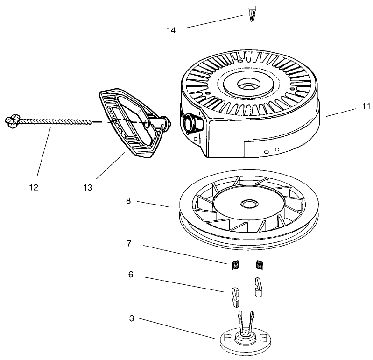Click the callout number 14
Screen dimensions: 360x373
click(171, 30)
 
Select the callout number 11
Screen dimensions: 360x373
click(365, 106)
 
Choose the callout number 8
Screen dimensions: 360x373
click(128, 201)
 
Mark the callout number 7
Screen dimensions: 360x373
click(129, 243)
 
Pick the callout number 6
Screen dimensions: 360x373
click(131, 275)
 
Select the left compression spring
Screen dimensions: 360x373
click(236, 265)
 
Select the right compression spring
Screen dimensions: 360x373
click(260, 265)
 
